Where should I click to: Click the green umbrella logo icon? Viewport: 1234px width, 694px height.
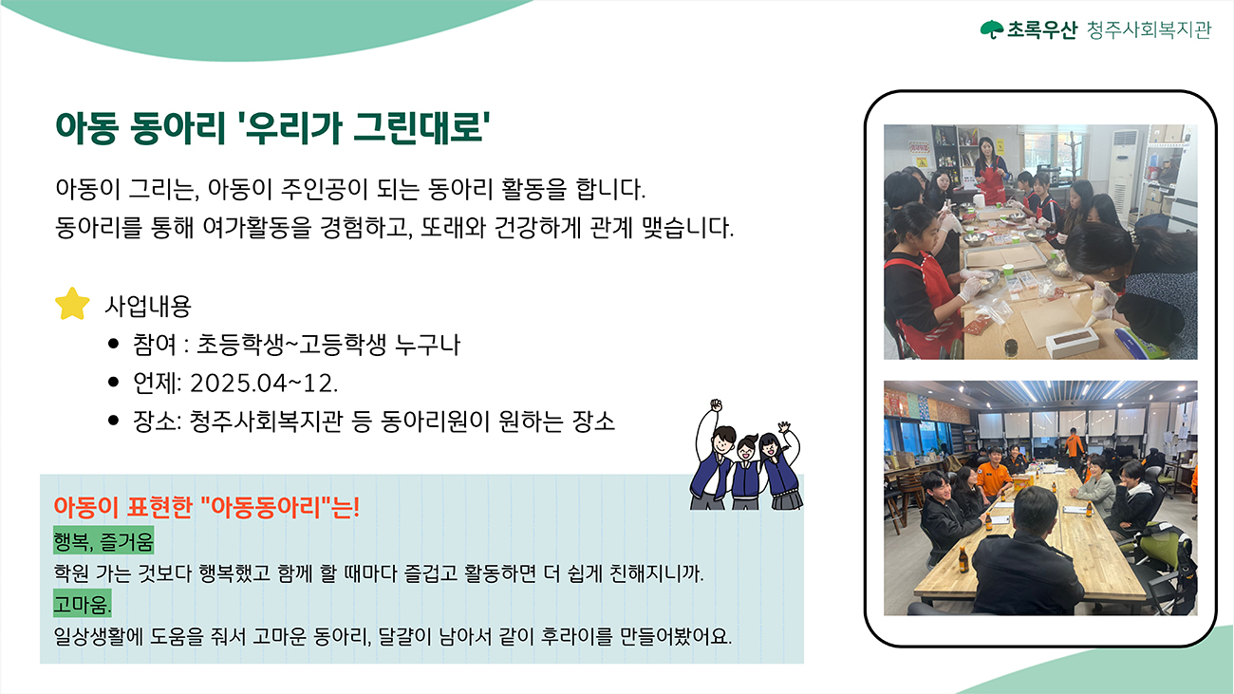992,29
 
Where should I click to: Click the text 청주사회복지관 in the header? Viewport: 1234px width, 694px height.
1150,29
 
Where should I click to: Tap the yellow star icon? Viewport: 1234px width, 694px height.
72,304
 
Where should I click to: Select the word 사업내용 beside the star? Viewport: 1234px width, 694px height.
148,307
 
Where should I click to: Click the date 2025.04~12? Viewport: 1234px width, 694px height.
264,384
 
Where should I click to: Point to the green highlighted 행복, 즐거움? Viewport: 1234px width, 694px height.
103,541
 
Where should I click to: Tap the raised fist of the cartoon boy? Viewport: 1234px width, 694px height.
716,405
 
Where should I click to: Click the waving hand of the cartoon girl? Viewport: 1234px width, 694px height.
784,427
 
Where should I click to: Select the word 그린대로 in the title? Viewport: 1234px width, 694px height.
420,128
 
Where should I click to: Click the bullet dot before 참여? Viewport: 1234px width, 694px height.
114,345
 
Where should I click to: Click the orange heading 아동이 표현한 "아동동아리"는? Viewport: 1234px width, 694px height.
207,507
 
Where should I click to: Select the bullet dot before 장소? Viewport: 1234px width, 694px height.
114,421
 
